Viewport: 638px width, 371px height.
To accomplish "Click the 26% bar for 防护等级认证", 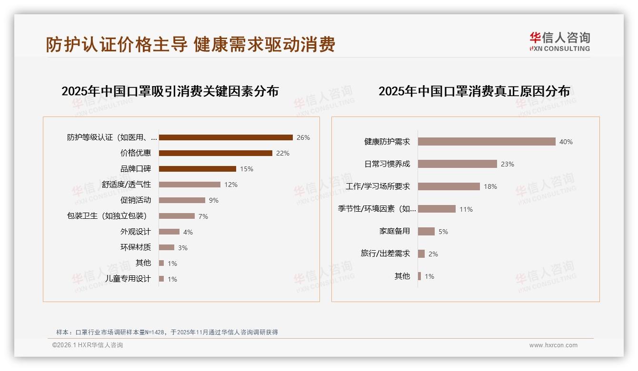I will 226,137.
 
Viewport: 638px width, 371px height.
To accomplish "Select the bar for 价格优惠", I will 215,153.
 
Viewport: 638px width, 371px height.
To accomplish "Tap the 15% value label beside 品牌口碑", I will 247,169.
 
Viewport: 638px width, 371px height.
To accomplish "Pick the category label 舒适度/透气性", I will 126,185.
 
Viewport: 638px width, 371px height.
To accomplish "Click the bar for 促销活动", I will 182,200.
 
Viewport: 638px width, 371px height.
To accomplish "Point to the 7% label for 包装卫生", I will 203,216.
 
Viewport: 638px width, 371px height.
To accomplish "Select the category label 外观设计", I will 135,232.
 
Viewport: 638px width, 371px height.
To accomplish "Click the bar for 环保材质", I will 167,247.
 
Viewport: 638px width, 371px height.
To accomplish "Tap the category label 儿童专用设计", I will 128,279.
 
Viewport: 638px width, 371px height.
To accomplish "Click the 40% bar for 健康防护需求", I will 487,142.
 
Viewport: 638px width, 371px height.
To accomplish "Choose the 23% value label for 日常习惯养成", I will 508,164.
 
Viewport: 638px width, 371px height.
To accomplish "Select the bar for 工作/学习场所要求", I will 449,186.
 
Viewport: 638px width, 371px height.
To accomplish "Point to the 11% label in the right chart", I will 466,209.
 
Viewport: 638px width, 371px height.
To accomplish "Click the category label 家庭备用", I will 395,231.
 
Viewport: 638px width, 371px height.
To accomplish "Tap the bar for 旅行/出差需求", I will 421,254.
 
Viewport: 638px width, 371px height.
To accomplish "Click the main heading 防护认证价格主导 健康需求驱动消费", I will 190,44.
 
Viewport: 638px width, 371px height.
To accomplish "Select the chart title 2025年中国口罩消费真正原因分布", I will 474,91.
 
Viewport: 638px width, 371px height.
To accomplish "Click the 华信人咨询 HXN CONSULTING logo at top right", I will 559,42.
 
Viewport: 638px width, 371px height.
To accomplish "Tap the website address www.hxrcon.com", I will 553,345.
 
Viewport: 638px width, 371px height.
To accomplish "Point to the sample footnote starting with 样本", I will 167,332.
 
